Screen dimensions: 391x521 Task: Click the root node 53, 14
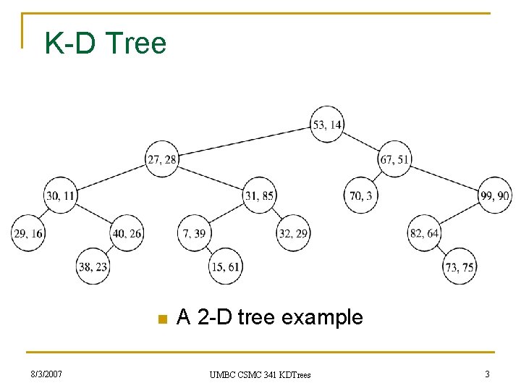(x=328, y=125)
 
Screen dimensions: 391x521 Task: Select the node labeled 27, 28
(x=161, y=159)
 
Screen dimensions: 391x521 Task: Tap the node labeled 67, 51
(x=395, y=159)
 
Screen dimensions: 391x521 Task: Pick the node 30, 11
(x=60, y=195)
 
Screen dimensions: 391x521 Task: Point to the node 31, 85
(x=260, y=195)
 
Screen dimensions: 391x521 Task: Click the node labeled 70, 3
(x=360, y=195)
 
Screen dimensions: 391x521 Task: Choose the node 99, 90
(x=494, y=195)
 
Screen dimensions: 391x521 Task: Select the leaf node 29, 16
(x=28, y=233)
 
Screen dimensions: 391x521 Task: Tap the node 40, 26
(x=127, y=233)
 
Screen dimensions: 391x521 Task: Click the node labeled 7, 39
(x=194, y=233)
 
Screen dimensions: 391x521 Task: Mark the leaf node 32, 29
(x=293, y=233)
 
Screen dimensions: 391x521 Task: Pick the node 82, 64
(x=425, y=233)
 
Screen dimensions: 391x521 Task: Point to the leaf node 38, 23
(x=93, y=266)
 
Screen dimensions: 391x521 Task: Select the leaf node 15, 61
(x=226, y=266)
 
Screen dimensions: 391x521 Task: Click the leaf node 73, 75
(x=459, y=266)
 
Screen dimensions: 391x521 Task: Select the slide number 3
(x=486, y=374)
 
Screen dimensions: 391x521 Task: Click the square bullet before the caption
(x=162, y=319)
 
